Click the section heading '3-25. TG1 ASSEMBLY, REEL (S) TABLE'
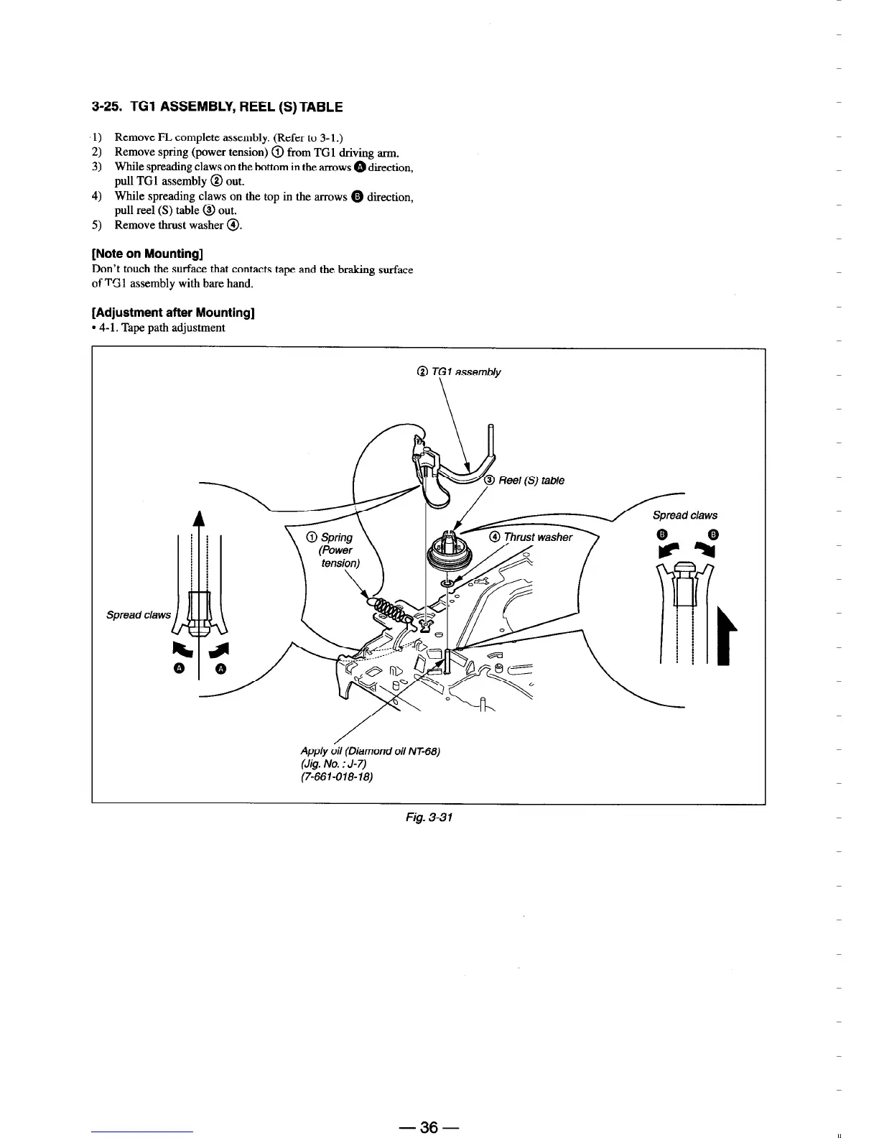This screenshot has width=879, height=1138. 218,108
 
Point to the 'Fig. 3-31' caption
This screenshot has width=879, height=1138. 428,818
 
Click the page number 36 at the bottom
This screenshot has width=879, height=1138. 429,1127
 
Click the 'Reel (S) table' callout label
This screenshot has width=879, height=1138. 531,481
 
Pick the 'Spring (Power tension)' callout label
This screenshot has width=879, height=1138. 336,550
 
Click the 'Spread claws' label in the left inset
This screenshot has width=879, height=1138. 139,614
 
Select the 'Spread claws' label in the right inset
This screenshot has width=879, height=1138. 684,515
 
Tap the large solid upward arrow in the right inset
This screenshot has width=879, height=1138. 722,636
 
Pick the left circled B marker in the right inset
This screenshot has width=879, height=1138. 662,534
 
